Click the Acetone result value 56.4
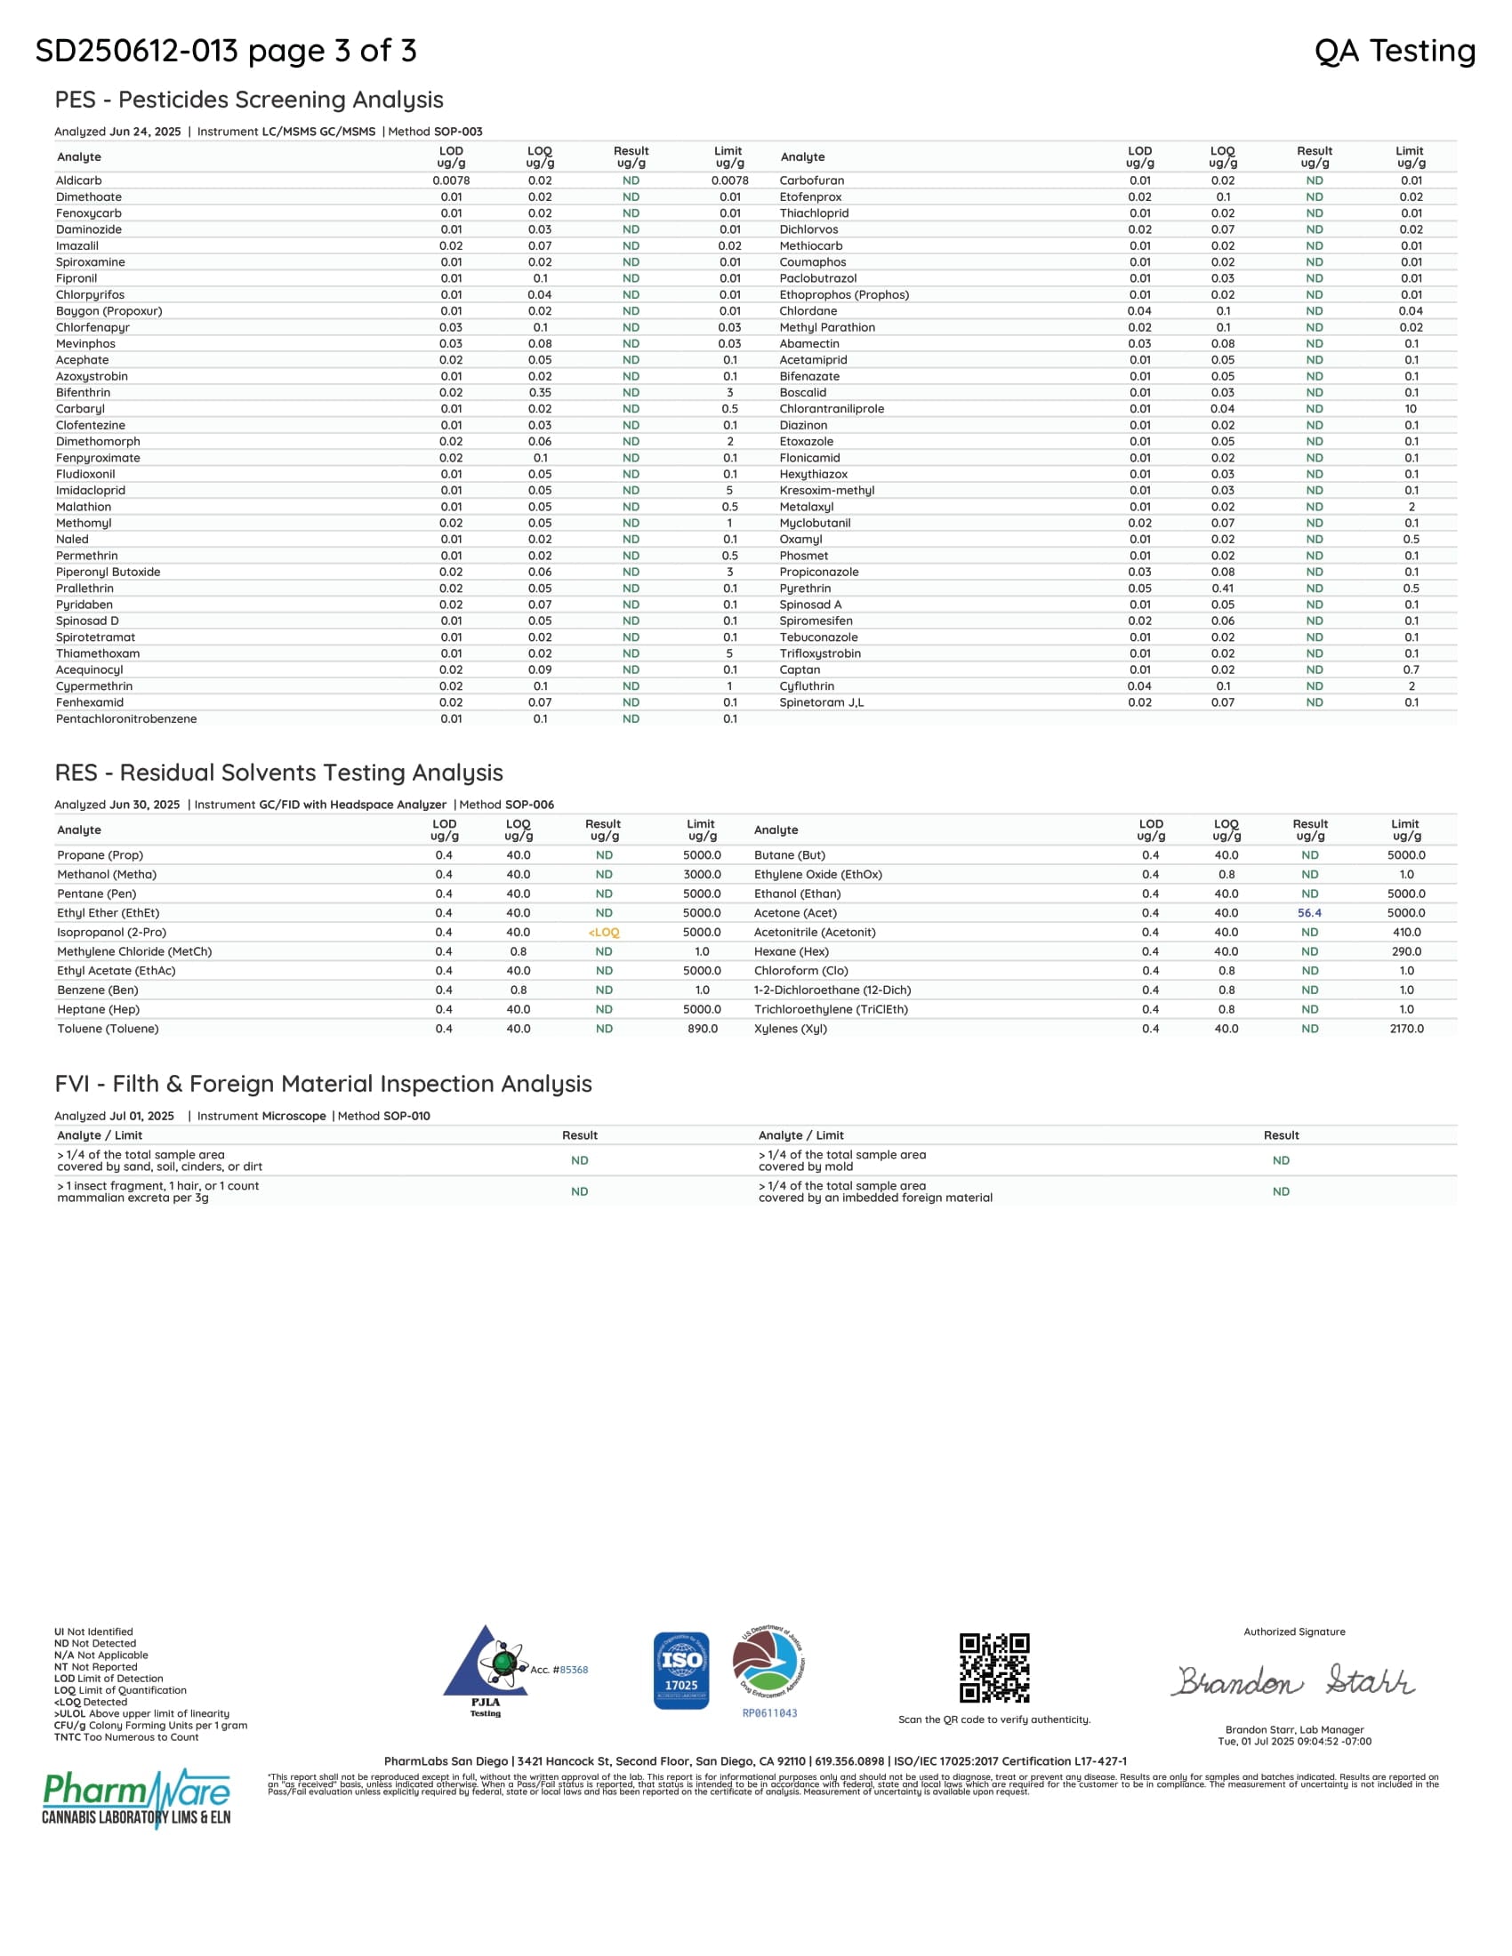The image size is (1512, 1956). click(x=1308, y=912)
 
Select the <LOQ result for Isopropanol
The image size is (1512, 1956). click(x=604, y=933)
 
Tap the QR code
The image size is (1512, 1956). click(x=994, y=1668)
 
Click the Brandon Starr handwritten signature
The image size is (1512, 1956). click(x=1294, y=1681)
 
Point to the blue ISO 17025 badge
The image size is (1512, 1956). click(x=680, y=1671)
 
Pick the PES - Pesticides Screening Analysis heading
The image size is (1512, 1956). click(x=249, y=100)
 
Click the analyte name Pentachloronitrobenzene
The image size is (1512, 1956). click(x=126, y=718)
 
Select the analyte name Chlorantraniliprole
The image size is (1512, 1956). click(x=832, y=408)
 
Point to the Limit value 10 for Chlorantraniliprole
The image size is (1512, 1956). click(x=1411, y=408)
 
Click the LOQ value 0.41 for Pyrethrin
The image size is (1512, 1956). click(x=1223, y=589)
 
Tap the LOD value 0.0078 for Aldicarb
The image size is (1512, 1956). click(x=451, y=180)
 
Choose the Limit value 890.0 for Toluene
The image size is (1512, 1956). click(x=702, y=1028)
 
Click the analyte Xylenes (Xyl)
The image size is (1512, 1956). click(x=790, y=1028)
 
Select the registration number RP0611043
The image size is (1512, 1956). click(x=769, y=1713)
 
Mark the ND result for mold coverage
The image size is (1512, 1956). click(x=1281, y=1159)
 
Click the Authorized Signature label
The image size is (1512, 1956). click(x=1293, y=1631)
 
